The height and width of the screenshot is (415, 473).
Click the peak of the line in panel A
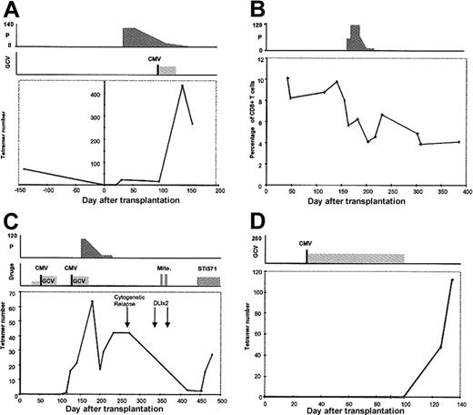tap(183, 86)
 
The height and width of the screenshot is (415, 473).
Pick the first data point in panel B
tap(287, 78)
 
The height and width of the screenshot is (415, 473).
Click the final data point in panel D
tap(452, 279)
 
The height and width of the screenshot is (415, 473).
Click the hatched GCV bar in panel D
tap(356, 258)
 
